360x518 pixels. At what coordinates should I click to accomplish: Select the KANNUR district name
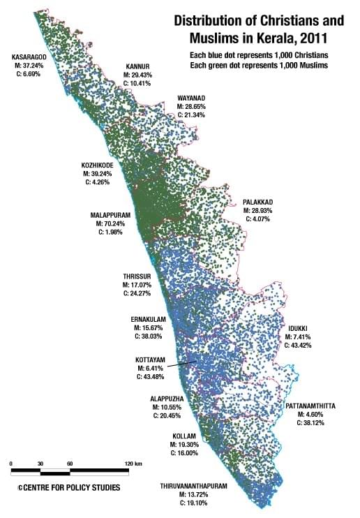[x=137, y=65]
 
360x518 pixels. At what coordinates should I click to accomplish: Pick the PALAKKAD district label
[x=257, y=201]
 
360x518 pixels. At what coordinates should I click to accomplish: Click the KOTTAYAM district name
[x=151, y=360]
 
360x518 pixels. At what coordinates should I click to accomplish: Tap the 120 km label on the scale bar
[x=134, y=464]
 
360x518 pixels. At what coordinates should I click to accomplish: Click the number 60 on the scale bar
[x=70, y=464]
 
